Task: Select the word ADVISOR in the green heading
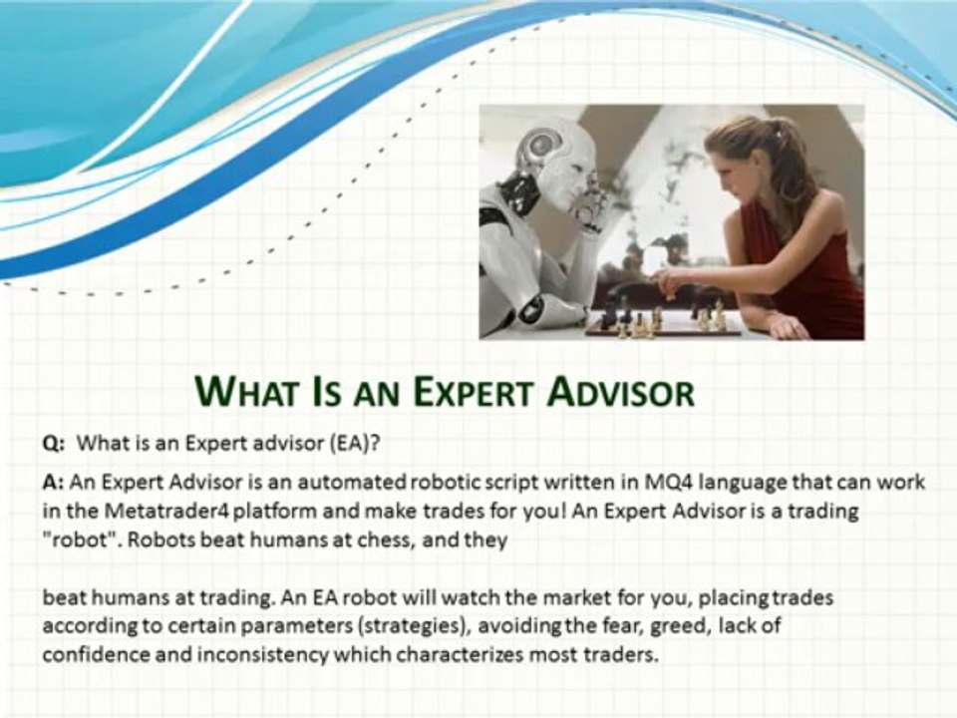coord(624,391)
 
